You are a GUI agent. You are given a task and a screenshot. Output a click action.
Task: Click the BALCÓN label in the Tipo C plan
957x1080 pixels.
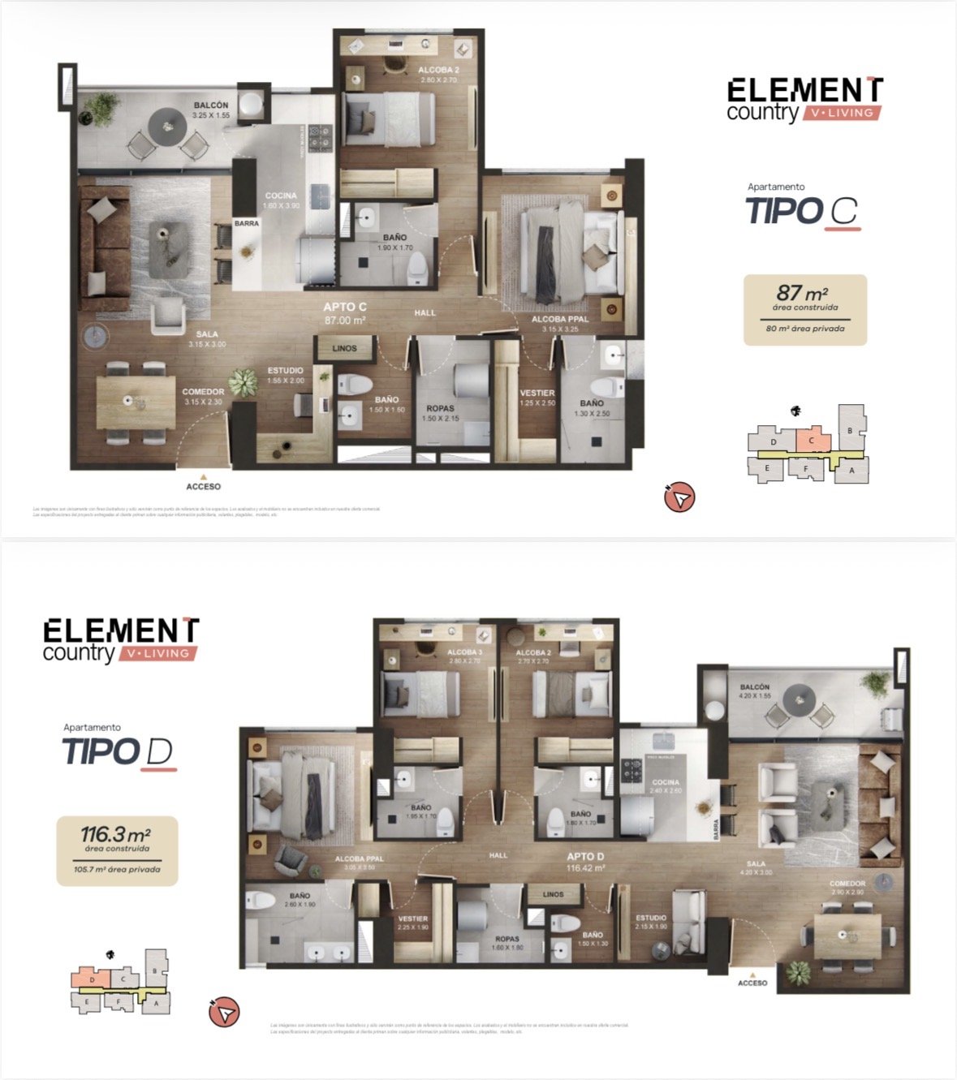210,105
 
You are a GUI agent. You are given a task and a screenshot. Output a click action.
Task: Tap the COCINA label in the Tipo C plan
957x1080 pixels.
281,196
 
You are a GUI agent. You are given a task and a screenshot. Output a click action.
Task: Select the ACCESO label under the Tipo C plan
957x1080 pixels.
203,487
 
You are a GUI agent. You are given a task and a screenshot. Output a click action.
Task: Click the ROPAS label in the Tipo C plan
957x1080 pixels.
440,409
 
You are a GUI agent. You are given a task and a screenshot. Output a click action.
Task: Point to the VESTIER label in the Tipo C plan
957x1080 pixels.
537,393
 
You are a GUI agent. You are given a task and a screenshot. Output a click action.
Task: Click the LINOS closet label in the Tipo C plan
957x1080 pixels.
344,348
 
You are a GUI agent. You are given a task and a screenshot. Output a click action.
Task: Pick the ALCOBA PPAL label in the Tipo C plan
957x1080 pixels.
560,319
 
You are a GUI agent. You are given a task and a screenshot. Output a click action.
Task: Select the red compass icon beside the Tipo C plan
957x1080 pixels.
679,497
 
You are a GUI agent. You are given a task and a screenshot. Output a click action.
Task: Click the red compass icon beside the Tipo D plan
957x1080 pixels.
225,1012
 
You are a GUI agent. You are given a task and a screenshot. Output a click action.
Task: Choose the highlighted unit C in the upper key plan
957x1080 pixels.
813,441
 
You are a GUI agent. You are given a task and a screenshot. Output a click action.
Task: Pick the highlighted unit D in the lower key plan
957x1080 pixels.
92,979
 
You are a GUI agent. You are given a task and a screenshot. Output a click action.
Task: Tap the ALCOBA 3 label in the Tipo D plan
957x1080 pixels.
464,652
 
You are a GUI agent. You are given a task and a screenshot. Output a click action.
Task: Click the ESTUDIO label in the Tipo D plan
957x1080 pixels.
651,918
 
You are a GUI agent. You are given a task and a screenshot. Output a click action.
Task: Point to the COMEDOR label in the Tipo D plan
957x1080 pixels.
847,884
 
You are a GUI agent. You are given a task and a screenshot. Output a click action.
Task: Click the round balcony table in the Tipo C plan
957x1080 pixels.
167,126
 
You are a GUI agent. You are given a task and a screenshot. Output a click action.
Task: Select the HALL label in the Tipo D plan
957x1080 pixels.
498,855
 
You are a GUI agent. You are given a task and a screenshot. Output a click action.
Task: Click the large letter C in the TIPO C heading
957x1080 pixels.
843,212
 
